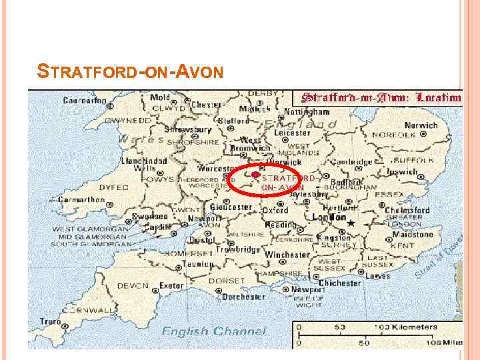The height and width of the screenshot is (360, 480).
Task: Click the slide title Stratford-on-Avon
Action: (130, 69)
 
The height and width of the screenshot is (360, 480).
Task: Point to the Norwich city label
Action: (419, 125)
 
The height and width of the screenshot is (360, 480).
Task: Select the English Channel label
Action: (213, 331)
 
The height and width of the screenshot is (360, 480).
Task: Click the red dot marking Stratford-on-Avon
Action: (255, 175)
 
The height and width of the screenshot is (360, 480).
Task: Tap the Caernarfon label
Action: (85, 101)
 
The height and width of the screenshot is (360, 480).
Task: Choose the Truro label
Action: (49, 321)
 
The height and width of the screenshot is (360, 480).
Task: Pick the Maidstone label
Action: (413, 235)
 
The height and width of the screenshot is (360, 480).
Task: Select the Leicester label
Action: (292, 133)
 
